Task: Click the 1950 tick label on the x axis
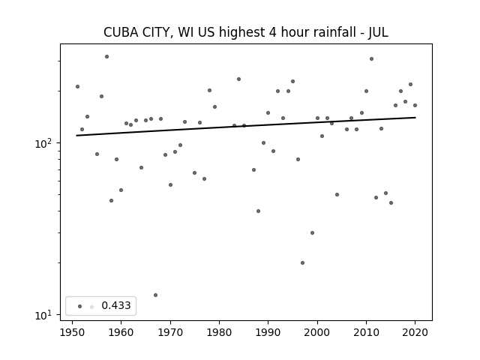[72, 332]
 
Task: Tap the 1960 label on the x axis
[121, 332]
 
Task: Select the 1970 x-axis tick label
[170, 332]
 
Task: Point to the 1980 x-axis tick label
[219, 332]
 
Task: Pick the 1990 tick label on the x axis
[268, 332]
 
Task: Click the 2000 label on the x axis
[317, 332]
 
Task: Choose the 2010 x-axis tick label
[366, 332]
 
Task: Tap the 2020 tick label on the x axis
[415, 332]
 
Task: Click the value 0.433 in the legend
[116, 305]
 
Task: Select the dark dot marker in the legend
[80, 306]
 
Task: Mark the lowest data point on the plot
[155, 295]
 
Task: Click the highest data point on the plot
[106, 57]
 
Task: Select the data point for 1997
[302, 262]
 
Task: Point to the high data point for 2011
[371, 58]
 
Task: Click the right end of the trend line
[415, 117]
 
